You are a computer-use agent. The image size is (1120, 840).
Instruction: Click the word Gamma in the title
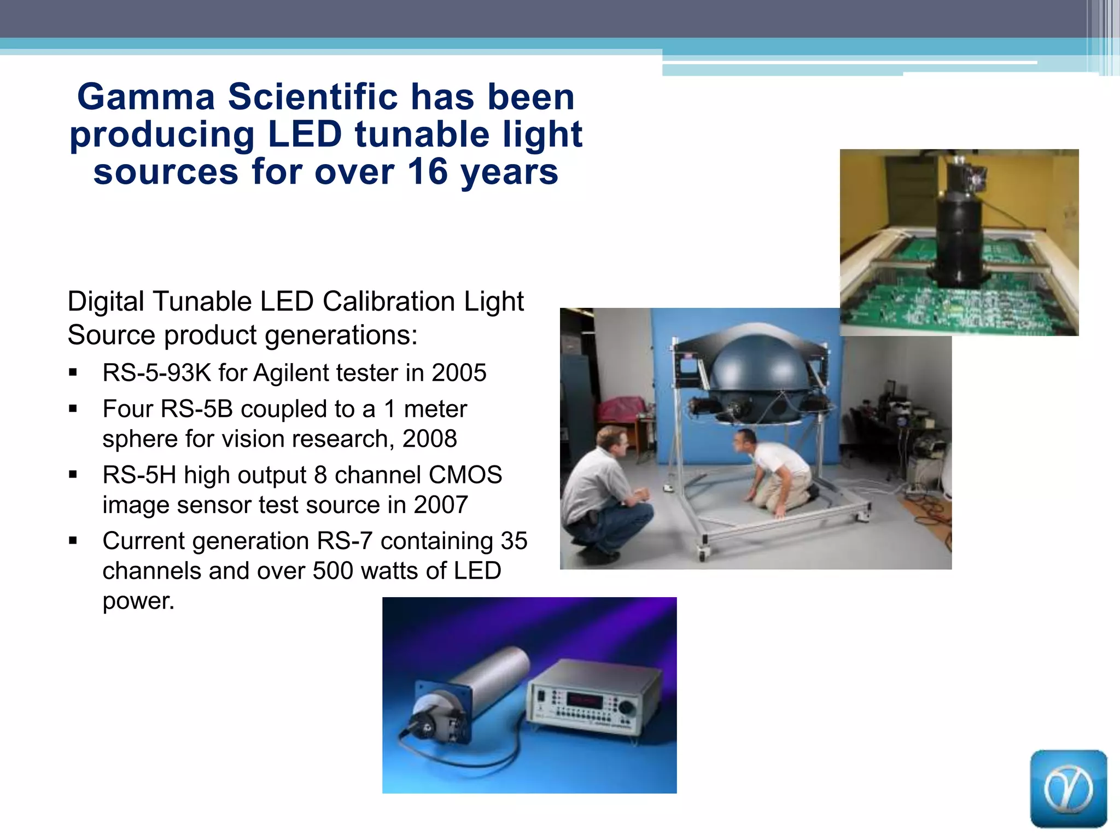(146, 97)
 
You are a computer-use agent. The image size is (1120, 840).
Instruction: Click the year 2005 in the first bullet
(459, 373)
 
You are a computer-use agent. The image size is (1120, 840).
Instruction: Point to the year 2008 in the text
(429, 439)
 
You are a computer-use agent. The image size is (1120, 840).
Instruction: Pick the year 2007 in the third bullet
(441, 505)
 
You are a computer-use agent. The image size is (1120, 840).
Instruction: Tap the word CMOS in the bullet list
(465, 475)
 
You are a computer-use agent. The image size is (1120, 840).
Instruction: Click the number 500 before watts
(332, 571)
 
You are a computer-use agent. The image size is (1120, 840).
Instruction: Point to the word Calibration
(388, 301)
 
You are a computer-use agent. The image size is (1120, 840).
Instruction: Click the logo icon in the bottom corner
(1068, 788)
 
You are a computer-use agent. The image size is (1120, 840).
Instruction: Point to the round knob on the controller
(627, 707)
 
